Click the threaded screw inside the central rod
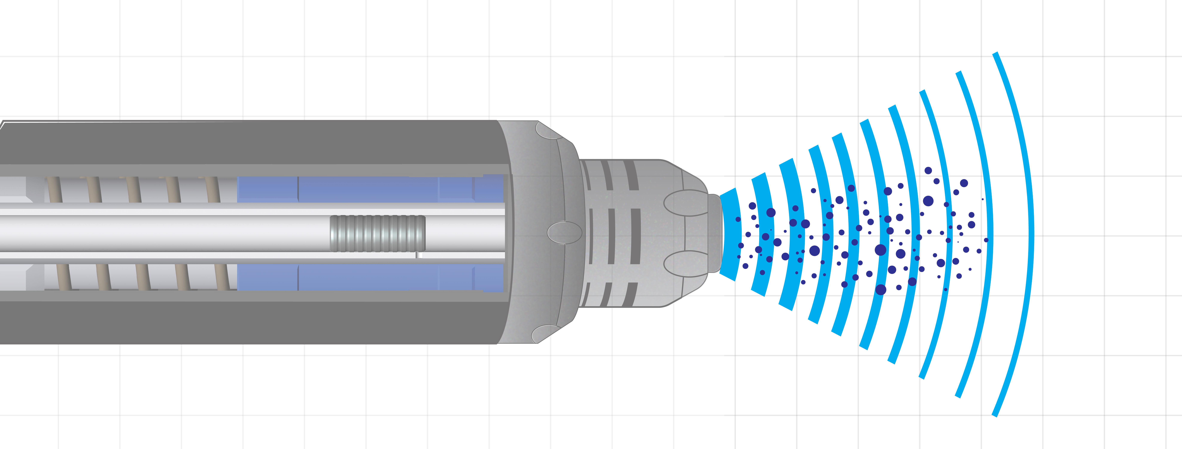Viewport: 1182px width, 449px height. point(377,233)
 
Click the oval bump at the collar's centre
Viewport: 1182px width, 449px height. point(564,232)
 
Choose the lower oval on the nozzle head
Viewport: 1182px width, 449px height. point(686,264)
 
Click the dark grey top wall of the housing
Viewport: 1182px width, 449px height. point(248,142)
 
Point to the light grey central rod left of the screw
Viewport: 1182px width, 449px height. point(165,233)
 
